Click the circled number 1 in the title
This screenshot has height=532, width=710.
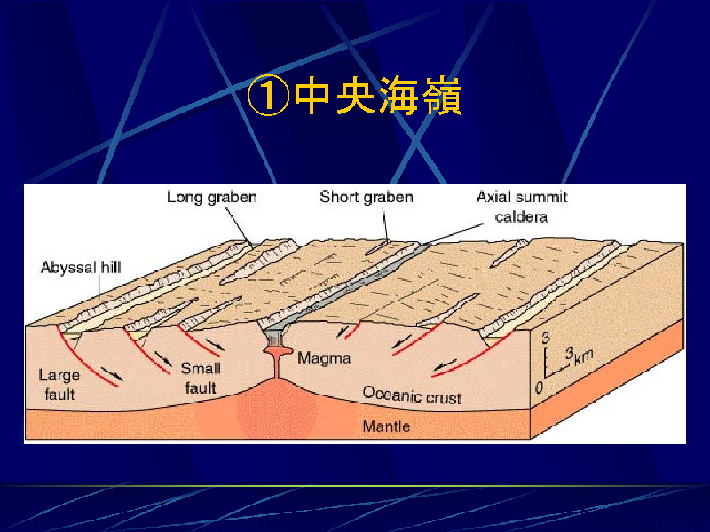pos(268,96)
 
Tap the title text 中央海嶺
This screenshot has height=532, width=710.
pos(377,96)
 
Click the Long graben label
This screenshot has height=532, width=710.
pos(212,197)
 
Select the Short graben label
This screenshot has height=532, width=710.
pos(367,197)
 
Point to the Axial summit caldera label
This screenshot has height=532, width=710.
pos(522,207)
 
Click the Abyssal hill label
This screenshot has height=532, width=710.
pos(81,268)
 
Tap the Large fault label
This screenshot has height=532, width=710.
pos(59,385)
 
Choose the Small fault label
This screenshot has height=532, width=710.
pos(201,379)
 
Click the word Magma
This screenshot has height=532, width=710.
pos(324,358)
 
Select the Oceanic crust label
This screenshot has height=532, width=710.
pos(412,395)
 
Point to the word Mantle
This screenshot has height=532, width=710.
pos(386,426)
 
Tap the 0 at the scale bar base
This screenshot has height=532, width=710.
pos(539,387)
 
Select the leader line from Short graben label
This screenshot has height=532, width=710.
pos(385,223)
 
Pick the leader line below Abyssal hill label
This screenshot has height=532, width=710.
pos(99,287)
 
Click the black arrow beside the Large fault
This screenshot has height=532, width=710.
pos(112,373)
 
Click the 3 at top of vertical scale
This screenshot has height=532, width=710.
pos(546,338)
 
